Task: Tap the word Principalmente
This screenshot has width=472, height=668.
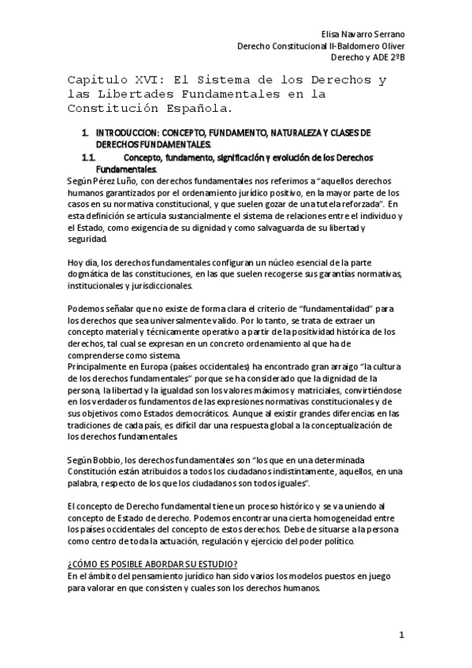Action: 98,365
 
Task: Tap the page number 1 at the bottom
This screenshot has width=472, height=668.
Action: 401,635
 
